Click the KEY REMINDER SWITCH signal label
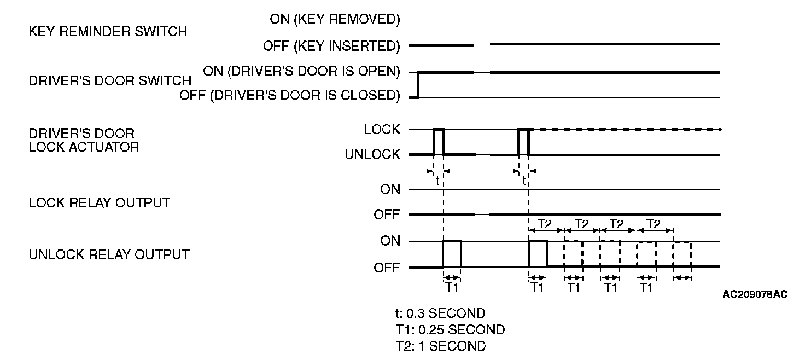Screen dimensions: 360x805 click(x=108, y=32)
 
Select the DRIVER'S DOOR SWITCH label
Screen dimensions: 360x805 click(x=110, y=81)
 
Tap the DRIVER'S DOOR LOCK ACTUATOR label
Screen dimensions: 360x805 click(x=84, y=140)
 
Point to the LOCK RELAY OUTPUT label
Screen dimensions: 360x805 click(x=99, y=203)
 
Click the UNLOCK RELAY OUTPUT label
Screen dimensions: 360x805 click(x=109, y=254)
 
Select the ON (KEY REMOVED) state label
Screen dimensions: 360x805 click(x=335, y=20)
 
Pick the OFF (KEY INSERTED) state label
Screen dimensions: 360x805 click(x=331, y=46)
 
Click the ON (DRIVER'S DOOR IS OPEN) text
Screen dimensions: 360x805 click(x=301, y=71)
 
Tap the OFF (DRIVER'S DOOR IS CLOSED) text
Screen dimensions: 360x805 click(x=290, y=96)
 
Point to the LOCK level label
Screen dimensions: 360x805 click(x=382, y=130)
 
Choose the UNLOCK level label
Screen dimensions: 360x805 click(x=372, y=155)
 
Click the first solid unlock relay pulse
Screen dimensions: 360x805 click(x=452, y=254)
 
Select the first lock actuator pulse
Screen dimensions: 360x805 click(x=439, y=142)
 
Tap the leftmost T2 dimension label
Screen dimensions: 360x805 click(x=546, y=224)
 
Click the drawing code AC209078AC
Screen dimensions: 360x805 click(x=755, y=295)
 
